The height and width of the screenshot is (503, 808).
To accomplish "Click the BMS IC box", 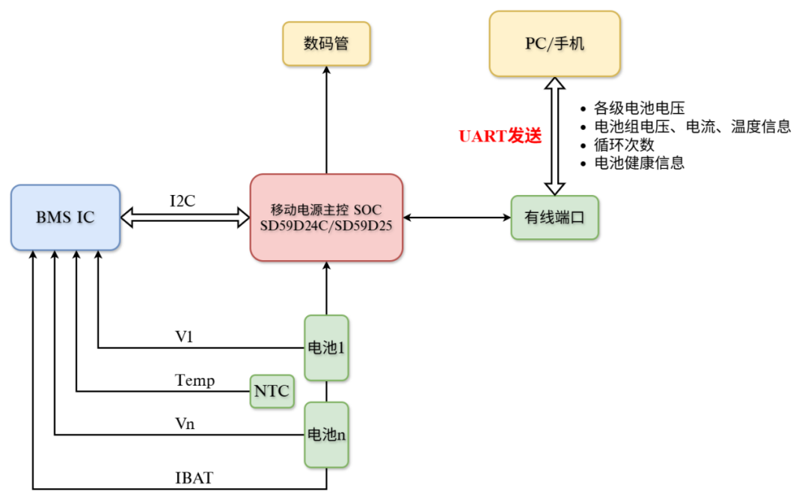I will pyautogui.click(x=66, y=217).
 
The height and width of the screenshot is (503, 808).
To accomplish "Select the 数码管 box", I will pyautogui.click(x=326, y=43).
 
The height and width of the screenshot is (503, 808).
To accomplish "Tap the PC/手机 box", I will pyautogui.click(x=554, y=43).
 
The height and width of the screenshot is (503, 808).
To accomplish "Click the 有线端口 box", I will pyautogui.click(x=554, y=217).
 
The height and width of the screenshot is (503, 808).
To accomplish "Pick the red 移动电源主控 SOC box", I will pyautogui.click(x=326, y=217).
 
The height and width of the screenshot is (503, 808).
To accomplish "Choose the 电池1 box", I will pyautogui.click(x=326, y=348).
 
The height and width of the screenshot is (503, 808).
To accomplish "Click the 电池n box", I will pyautogui.click(x=326, y=434).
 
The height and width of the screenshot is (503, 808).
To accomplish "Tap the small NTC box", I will pyautogui.click(x=271, y=391).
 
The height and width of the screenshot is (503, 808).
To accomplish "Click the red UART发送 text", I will pyautogui.click(x=499, y=136).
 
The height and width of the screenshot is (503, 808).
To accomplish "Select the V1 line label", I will pyautogui.click(x=185, y=337).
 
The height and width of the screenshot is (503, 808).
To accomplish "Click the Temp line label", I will pyautogui.click(x=195, y=380).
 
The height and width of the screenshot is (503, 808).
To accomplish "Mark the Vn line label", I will pyautogui.click(x=185, y=424).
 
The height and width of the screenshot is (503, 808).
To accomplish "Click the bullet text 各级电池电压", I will pyautogui.click(x=639, y=108).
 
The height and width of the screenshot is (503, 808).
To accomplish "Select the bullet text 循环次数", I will pyautogui.click(x=624, y=144).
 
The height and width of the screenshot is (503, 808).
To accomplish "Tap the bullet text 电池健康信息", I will pyautogui.click(x=639, y=162).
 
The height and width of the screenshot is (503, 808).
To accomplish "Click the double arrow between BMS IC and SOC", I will pyautogui.click(x=185, y=217).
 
